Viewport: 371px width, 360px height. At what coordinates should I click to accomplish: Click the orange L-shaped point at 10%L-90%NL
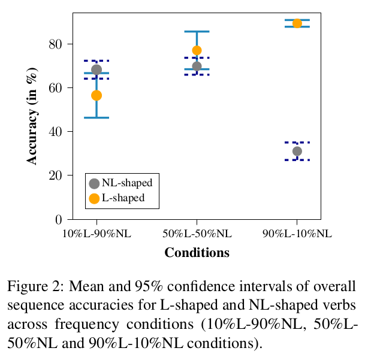(96, 95)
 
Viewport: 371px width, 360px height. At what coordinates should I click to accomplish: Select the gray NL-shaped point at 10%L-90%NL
(96, 69)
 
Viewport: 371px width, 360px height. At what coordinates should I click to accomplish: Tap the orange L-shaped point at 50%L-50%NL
(197, 50)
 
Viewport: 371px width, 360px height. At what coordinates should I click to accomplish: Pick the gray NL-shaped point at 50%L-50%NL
(197, 66)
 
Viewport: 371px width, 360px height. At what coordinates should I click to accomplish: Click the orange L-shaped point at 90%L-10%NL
(297, 23)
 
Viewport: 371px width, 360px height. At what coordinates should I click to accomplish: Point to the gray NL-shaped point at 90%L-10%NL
(297, 151)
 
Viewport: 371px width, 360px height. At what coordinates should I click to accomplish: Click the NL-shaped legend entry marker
(94, 183)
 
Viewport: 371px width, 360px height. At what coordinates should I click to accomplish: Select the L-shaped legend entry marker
(94, 198)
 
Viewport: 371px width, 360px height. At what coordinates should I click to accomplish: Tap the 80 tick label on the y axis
(57, 44)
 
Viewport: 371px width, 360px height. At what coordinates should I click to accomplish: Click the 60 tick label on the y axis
(57, 87)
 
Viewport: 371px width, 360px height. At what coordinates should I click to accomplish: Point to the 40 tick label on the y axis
(57, 131)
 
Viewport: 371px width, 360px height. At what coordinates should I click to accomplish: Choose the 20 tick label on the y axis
(57, 176)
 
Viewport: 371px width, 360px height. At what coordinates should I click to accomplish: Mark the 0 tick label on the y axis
(61, 219)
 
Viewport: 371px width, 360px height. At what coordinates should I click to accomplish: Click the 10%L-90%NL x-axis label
(96, 234)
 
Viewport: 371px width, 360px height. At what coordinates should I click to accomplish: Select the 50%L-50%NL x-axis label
(197, 234)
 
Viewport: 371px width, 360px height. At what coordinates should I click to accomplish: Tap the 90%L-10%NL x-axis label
(297, 234)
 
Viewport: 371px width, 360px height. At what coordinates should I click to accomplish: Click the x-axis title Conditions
(197, 253)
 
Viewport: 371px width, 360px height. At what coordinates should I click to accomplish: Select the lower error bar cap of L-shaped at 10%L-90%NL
(96, 117)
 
